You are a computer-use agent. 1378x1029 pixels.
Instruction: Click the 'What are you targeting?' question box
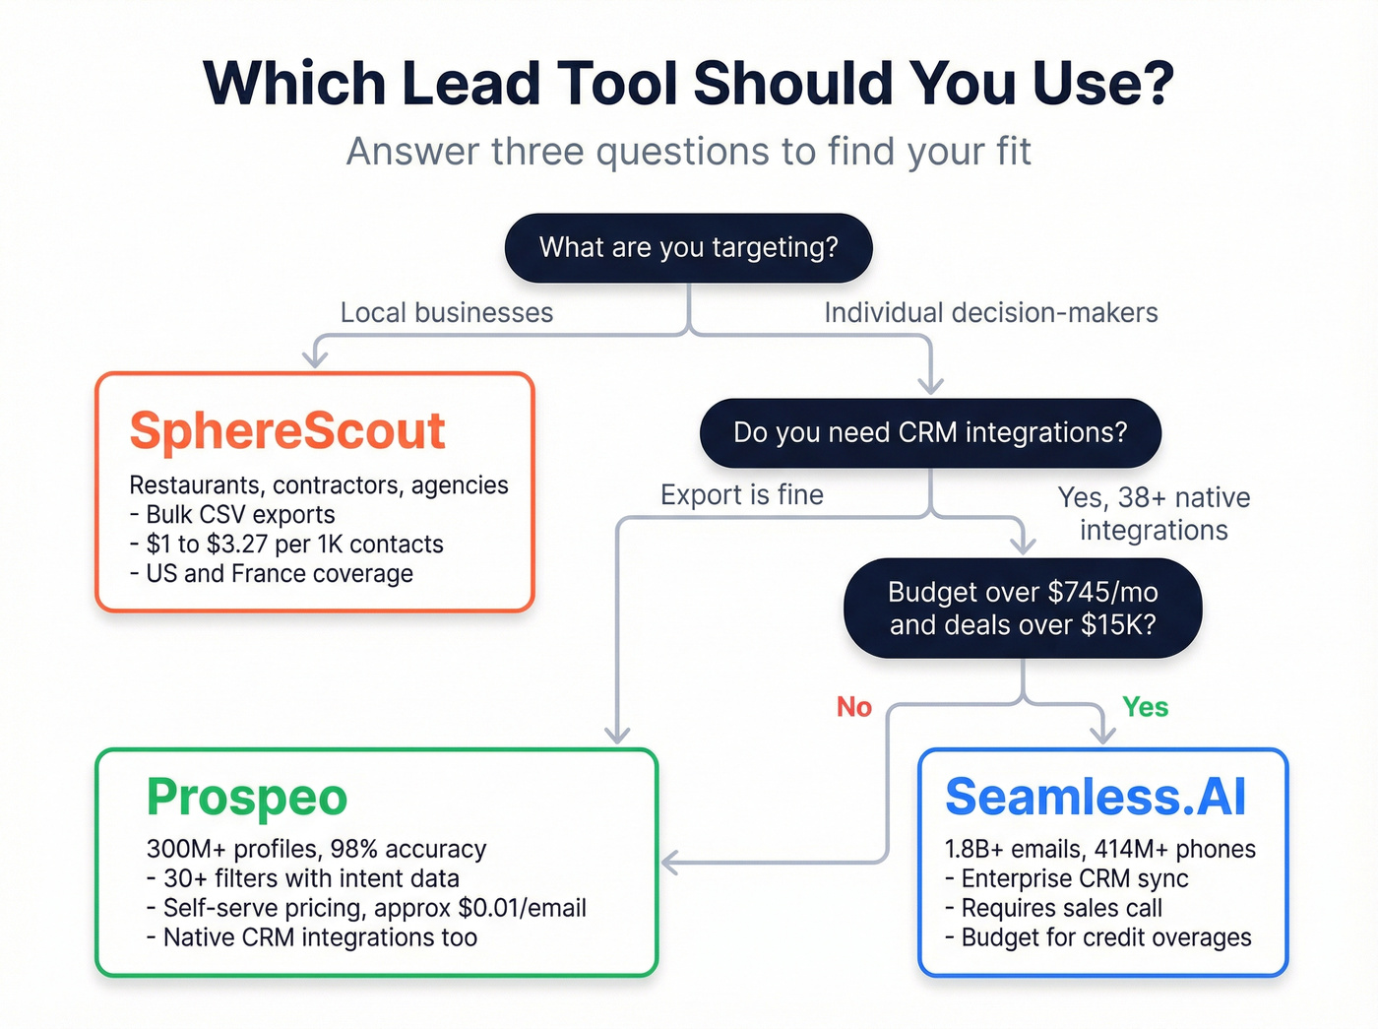tap(688, 247)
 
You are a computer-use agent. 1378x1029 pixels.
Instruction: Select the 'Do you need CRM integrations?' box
tap(930, 432)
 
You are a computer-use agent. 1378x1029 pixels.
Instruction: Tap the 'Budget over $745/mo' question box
tap(1023, 608)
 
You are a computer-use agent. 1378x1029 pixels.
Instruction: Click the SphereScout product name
tap(287, 431)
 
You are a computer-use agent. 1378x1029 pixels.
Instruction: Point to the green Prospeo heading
tap(247, 798)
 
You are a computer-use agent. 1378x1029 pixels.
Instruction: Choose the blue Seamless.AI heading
tap(1096, 797)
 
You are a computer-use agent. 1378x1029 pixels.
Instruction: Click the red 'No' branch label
tap(853, 707)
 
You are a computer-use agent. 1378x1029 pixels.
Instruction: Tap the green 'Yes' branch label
tap(1145, 707)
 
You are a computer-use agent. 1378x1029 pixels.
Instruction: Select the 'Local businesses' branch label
tap(447, 313)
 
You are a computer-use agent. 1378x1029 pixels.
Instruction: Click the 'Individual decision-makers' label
tap(990, 313)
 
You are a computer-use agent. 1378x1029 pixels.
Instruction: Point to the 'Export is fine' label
tap(741, 495)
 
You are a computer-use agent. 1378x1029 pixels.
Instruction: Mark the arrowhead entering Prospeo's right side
tap(669, 863)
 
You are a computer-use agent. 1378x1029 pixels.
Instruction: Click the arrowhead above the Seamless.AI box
tap(1102, 735)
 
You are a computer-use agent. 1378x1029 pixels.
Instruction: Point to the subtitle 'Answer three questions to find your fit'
tap(688, 152)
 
